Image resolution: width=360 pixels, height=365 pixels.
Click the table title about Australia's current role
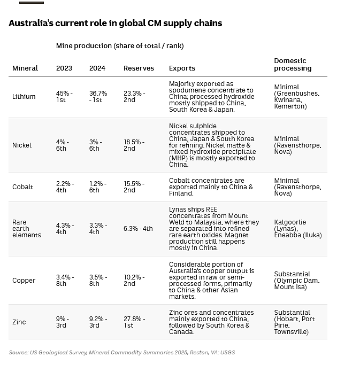(116, 24)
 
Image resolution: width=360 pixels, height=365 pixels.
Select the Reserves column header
(139, 68)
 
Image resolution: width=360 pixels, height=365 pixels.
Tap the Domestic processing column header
(293, 65)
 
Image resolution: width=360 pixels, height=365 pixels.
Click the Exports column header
(182, 68)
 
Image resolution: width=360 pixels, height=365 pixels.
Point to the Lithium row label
(24, 97)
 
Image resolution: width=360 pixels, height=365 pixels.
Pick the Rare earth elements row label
(27, 229)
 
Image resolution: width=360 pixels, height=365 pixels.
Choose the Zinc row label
(19, 322)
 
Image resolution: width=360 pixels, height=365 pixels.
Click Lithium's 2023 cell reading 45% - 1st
(64, 97)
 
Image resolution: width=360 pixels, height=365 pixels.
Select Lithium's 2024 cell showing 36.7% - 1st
(98, 97)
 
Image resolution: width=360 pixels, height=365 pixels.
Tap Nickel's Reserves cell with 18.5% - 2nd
(134, 145)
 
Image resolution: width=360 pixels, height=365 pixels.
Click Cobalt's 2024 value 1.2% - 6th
(98, 187)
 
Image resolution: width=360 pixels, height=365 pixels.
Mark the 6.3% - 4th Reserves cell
(138, 229)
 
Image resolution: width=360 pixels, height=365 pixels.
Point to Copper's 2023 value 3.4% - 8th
(65, 281)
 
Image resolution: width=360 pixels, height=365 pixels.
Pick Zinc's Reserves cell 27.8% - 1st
(134, 322)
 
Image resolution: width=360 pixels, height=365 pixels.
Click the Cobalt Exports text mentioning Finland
(211, 187)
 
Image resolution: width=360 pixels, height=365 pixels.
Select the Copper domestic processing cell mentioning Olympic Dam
(297, 281)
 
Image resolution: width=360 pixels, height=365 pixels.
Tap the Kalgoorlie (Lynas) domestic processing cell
(298, 229)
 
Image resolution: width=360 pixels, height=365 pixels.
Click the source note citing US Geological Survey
(122, 352)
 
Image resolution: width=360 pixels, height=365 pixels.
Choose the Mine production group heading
(120, 46)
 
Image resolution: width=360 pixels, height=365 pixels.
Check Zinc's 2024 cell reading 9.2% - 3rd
(98, 322)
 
